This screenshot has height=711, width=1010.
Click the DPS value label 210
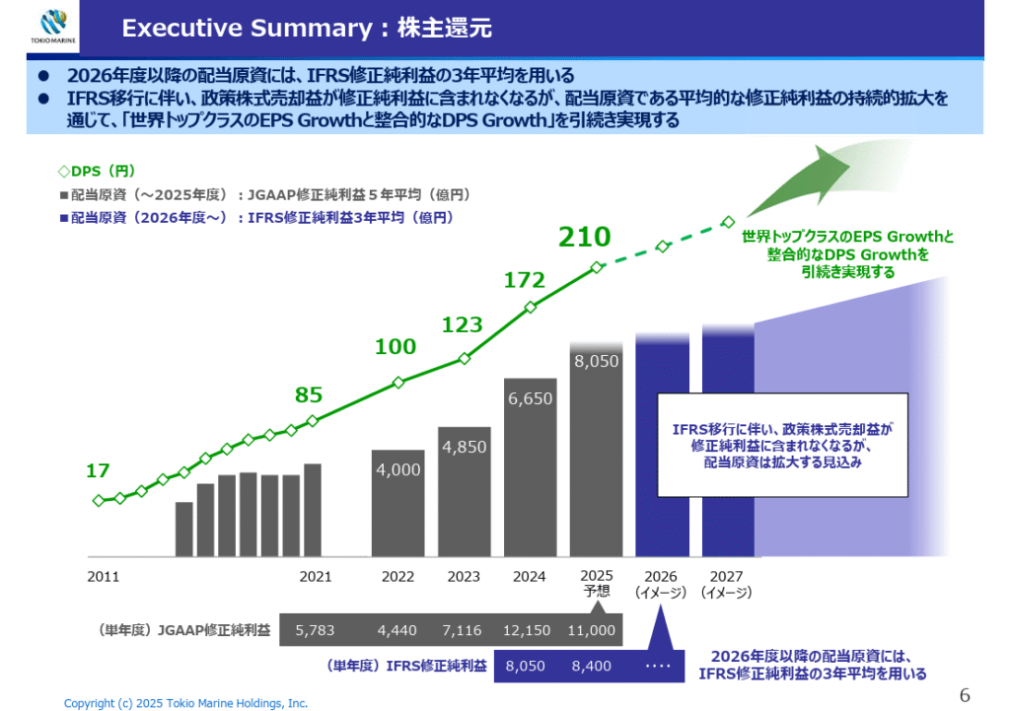(585, 237)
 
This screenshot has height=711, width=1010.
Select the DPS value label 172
(525, 280)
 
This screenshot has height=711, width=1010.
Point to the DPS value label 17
(98, 471)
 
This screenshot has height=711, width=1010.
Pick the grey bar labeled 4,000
(398, 503)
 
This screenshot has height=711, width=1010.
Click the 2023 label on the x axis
(464, 577)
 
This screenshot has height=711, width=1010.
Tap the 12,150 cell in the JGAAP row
(528, 630)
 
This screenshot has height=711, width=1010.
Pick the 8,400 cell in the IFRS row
(591, 666)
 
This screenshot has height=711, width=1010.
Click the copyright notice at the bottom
(185, 703)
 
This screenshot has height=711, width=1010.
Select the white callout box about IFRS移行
(782, 445)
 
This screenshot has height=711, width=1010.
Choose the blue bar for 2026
(662, 449)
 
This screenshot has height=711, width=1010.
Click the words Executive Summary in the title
(246, 29)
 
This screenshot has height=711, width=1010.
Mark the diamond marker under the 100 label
(398, 383)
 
